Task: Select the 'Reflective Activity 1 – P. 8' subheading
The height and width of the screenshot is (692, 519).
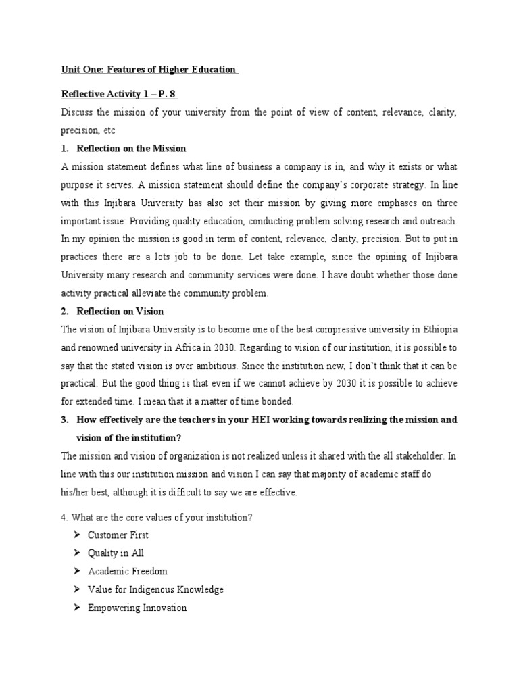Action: pyautogui.click(x=119, y=94)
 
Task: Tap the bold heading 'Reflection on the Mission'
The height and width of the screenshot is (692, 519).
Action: pyautogui.click(x=132, y=148)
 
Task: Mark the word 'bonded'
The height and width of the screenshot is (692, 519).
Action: pyautogui.click(x=273, y=402)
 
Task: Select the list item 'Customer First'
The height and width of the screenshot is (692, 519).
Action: pyautogui.click(x=118, y=535)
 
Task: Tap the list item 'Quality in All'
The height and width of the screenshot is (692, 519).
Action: pyautogui.click(x=116, y=553)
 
